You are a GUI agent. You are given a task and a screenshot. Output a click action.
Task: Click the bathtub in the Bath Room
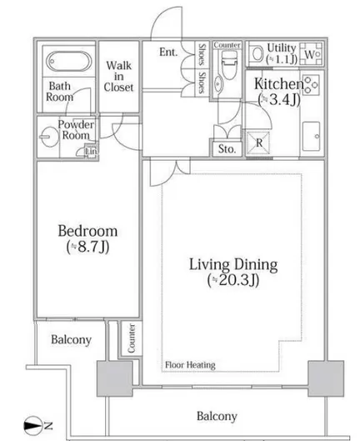[x=69, y=62]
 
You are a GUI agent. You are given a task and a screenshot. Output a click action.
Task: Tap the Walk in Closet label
[x=118, y=77]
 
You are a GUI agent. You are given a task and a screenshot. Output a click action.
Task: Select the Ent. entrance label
[x=168, y=52]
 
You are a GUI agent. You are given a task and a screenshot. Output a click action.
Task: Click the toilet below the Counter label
[x=227, y=65]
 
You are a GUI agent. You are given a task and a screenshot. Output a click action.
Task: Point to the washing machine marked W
[x=311, y=54]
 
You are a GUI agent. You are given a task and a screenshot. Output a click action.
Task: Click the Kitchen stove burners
[x=311, y=84]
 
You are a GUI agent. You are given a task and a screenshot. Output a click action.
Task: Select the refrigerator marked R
[x=258, y=143]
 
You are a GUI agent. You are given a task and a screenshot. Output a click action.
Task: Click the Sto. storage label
[x=227, y=148]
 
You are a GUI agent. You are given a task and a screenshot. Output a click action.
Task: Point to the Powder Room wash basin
[x=46, y=138]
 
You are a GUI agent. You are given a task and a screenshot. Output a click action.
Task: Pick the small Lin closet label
[x=92, y=152]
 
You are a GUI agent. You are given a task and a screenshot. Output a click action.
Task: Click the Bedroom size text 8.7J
[x=88, y=247]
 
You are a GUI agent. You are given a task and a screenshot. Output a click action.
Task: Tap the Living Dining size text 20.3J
[x=233, y=280]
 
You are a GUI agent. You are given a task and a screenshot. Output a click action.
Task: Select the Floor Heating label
[x=190, y=365]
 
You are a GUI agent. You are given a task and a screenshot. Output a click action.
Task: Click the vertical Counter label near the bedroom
[x=132, y=338]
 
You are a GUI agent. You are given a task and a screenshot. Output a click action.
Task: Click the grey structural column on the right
[x=326, y=378]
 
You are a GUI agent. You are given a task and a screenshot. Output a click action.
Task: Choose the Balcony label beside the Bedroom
[x=71, y=339]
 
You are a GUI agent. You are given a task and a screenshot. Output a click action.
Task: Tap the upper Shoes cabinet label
[x=202, y=54]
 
